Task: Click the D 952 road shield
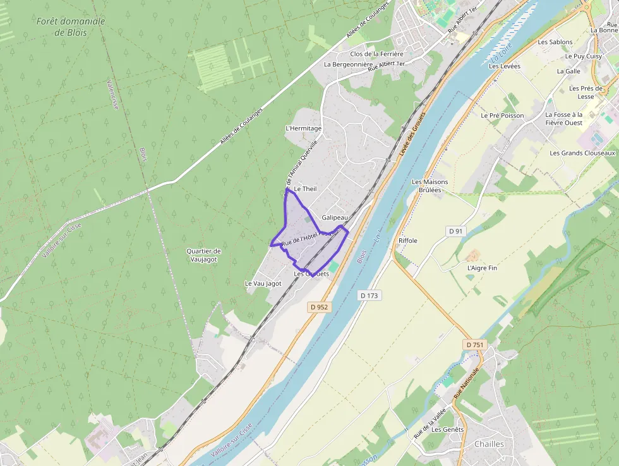tap(320, 307)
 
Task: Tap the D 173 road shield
tap(370, 295)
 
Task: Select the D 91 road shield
tap(456, 231)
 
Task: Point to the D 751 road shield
tap(474, 345)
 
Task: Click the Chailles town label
tap(490, 444)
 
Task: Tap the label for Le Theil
tap(305, 189)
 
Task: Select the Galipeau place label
tap(335, 218)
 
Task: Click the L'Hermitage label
tap(304, 128)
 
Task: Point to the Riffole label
tap(408, 241)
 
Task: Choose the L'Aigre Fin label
tap(482, 268)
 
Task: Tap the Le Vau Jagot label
tap(263, 284)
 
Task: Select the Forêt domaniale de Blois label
tap(71, 27)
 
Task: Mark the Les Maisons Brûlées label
tap(430, 186)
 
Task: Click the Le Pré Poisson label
tap(502, 116)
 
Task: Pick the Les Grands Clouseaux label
tap(582, 153)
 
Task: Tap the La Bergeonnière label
tap(348, 64)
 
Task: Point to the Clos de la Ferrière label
tap(376, 54)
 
